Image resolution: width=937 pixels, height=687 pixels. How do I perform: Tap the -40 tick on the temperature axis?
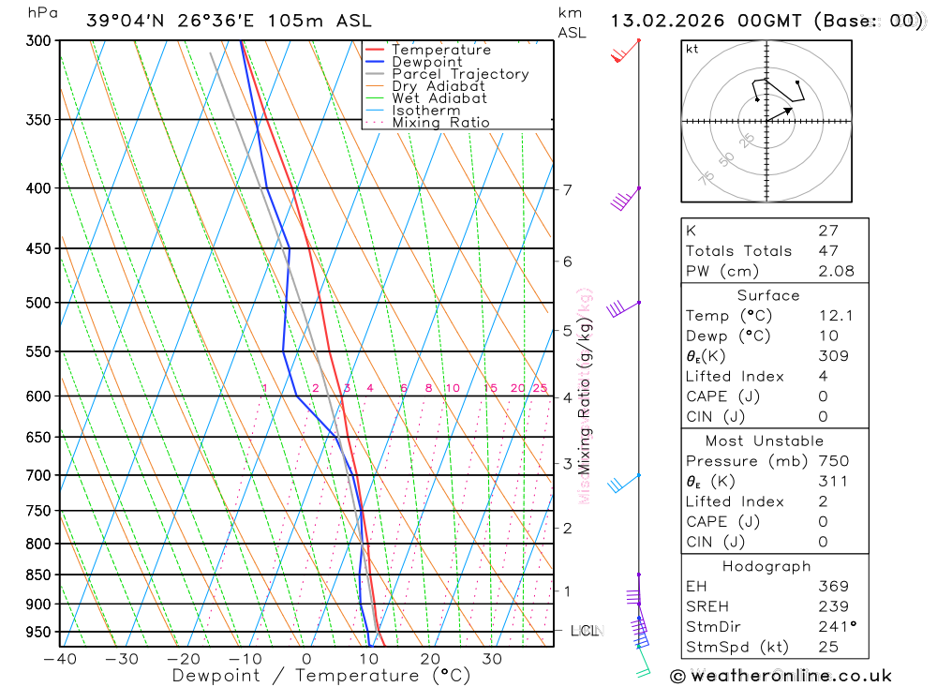point(59,659)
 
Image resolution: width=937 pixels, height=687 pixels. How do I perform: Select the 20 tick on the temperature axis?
point(430,659)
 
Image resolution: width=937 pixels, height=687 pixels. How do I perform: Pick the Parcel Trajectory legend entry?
point(459,74)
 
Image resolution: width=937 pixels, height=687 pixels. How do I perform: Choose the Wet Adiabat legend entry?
point(439,98)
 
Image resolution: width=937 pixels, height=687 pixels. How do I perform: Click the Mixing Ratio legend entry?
point(440,123)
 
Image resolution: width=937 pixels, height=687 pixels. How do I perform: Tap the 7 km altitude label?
point(567,190)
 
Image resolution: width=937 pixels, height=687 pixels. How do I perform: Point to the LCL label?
point(585,631)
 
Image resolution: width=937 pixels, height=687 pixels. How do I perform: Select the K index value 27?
point(827,231)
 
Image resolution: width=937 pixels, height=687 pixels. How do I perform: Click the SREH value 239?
point(833,607)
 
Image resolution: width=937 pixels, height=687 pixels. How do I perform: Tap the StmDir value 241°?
point(837,627)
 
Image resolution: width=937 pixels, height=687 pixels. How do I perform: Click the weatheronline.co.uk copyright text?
point(781,675)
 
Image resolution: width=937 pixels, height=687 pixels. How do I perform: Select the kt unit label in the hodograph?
point(692,49)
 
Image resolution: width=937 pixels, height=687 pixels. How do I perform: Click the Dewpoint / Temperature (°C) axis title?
point(320,675)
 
